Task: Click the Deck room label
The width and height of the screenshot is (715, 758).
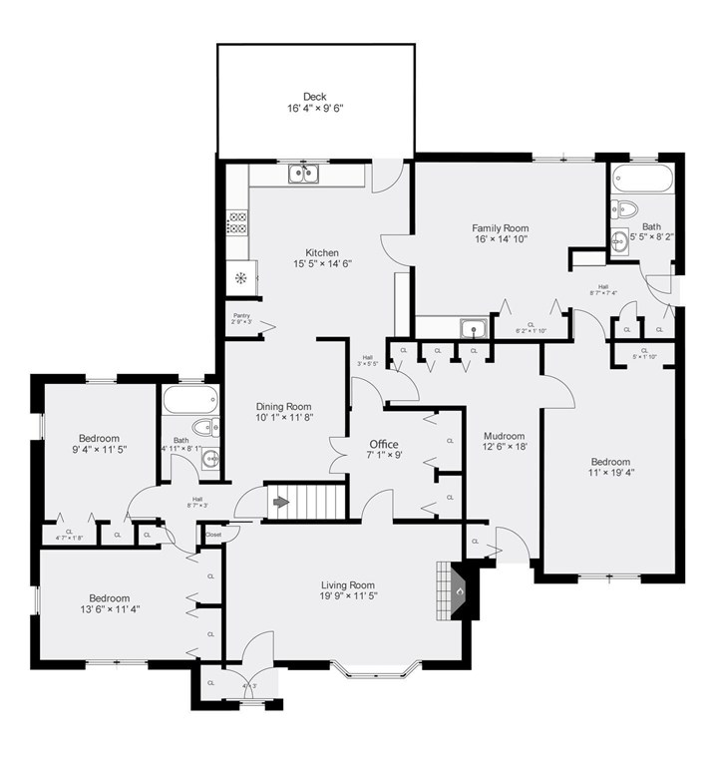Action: click(x=315, y=97)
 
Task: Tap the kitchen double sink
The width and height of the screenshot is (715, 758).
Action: click(x=305, y=175)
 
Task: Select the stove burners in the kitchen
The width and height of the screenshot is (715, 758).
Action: click(x=238, y=222)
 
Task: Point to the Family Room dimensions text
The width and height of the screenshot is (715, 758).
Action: click(x=500, y=239)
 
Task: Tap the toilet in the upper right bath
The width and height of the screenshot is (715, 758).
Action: click(x=625, y=208)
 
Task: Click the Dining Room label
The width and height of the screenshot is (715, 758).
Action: click(x=284, y=407)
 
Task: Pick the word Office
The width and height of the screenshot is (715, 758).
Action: click(x=384, y=444)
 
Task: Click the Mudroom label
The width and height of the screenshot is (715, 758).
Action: click(x=504, y=437)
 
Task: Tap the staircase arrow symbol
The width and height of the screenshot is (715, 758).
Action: click(x=277, y=501)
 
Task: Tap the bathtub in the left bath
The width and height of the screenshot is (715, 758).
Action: click(x=184, y=402)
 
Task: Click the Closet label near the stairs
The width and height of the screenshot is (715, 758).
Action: click(x=213, y=535)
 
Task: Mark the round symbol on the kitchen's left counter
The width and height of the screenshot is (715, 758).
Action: click(x=240, y=277)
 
